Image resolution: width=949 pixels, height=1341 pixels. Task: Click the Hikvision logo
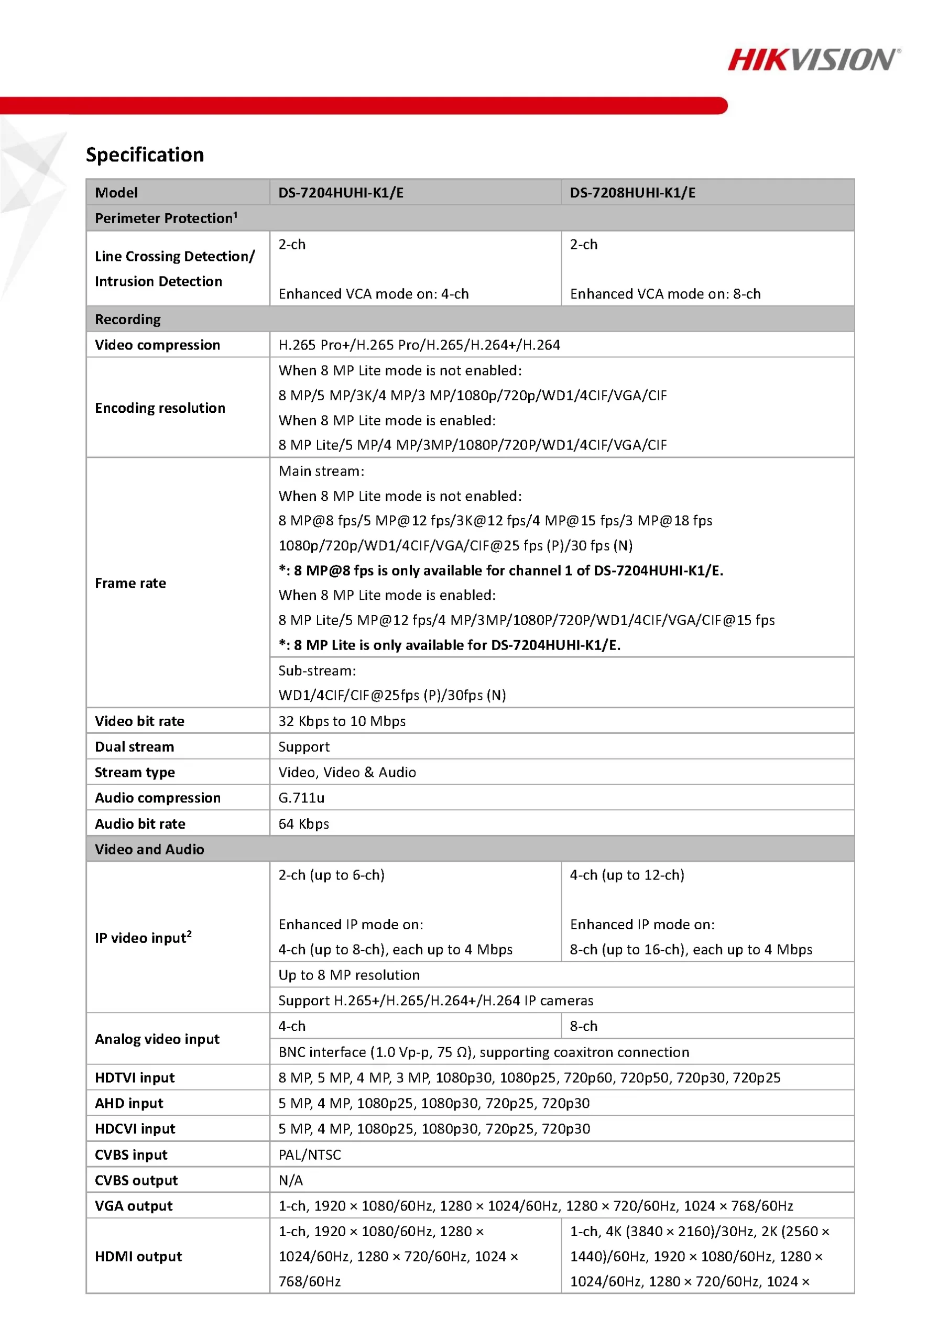point(813,60)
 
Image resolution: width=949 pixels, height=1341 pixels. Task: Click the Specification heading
point(145,155)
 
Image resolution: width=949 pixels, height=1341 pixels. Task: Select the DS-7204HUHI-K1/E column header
point(341,193)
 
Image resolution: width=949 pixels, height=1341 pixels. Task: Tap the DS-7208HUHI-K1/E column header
point(632,193)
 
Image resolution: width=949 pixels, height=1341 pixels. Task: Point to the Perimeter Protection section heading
point(166,218)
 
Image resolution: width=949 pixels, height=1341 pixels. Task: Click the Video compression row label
point(157,345)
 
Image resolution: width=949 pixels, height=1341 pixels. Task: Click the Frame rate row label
point(130,583)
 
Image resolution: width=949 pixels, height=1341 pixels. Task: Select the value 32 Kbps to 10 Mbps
point(342,721)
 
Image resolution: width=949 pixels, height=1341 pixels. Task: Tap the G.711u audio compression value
point(301,798)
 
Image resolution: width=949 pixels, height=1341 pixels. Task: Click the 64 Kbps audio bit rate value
point(304,824)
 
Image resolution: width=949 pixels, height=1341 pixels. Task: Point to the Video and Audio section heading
point(149,849)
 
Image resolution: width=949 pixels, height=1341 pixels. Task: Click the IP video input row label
point(143,938)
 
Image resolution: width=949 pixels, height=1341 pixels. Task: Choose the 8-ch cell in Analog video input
point(584,1026)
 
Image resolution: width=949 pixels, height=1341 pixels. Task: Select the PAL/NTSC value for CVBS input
point(310,1155)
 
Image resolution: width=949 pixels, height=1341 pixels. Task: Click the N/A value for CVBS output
point(291,1180)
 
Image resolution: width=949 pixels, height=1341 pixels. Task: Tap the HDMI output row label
point(138,1256)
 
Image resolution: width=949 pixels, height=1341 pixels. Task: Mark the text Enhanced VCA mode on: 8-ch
point(665,294)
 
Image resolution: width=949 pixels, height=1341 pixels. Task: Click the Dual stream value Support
point(304,747)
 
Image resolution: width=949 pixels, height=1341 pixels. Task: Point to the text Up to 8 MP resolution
point(349,975)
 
